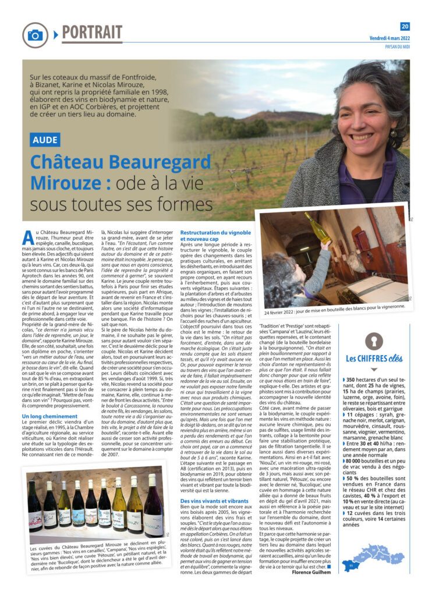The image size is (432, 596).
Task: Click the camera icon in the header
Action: point(35,35)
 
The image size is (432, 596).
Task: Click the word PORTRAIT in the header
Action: point(92,32)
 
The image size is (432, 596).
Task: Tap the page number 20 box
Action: point(405,26)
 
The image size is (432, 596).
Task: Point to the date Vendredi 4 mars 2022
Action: point(389,38)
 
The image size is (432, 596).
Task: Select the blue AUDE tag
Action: point(45,140)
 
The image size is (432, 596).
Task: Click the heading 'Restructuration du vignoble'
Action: point(216,233)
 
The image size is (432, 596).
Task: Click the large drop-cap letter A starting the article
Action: point(27,237)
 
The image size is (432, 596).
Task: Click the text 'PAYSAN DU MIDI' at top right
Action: point(395,48)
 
